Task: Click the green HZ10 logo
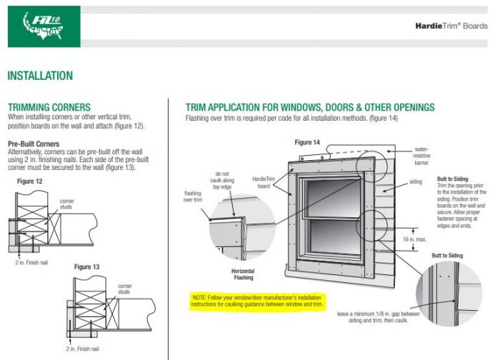[x=41, y=26]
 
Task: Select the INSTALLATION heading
[x=40, y=76]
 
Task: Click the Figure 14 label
[x=308, y=142]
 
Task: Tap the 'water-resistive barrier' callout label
[x=421, y=156]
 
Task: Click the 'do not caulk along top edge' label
[x=223, y=180]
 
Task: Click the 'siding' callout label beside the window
[x=415, y=181]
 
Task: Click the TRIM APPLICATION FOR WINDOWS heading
[x=309, y=107]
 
